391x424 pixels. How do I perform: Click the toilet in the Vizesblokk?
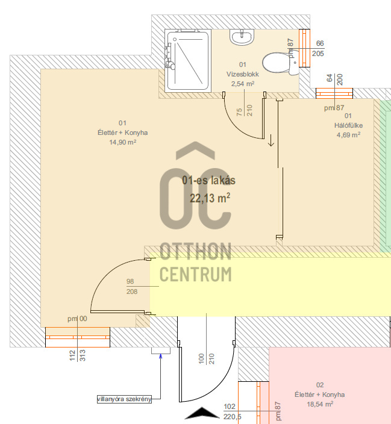click(x=280, y=64)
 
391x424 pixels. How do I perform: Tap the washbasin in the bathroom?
click(x=242, y=37)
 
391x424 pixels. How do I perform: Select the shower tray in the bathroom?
click(x=188, y=61)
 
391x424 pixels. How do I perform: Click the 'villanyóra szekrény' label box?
click(x=124, y=399)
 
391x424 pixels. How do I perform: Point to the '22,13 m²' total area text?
click(x=210, y=198)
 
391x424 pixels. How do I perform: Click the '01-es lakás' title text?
click(x=208, y=180)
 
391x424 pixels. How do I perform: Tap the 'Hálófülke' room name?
click(x=348, y=125)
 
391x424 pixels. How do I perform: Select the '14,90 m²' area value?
click(x=122, y=142)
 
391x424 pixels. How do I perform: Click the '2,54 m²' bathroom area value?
click(x=243, y=84)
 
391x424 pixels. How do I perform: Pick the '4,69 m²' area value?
click(x=348, y=135)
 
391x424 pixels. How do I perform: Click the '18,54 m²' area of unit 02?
click(x=320, y=404)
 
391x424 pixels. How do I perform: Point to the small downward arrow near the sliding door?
click(x=271, y=140)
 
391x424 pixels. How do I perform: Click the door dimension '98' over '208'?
click(x=132, y=286)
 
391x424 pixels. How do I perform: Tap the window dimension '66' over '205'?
click(x=318, y=48)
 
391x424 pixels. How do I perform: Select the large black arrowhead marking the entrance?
click(x=202, y=413)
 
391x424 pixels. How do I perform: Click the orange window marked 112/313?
click(x=78, y=337)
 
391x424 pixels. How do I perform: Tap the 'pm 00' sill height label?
click(x=77, y=319)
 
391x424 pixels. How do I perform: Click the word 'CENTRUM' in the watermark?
click(x=196, y=275)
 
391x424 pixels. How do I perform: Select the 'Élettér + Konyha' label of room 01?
click(x=122, y=132)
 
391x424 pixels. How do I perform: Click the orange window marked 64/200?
click(x=334, y=93)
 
